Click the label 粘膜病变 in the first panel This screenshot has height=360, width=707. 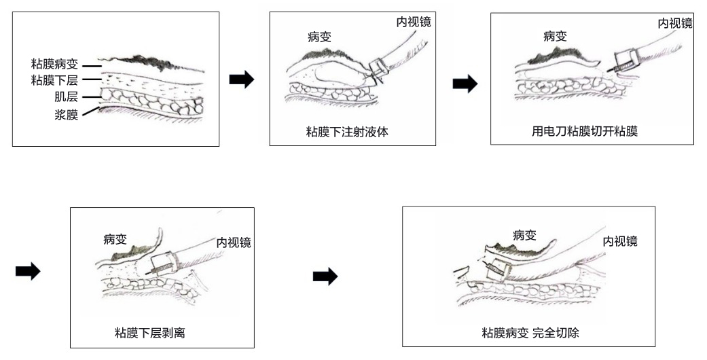point(55,65)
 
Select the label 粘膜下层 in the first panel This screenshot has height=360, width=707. point(55,81)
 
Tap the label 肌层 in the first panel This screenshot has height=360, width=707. point(67,97)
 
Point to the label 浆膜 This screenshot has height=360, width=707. point(67,114)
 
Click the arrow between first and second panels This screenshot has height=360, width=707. point(242,79)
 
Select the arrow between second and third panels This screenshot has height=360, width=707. point(465,84)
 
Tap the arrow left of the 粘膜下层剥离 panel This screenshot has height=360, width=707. point(28,272)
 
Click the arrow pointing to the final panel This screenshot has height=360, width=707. point(325,276)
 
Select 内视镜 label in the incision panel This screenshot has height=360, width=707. point(675,24)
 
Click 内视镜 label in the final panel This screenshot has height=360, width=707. point(620,241)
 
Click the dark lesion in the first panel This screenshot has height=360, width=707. point(158,63)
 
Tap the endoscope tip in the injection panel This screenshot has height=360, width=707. point(376,68)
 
